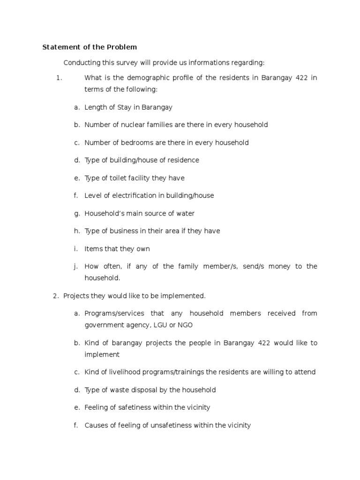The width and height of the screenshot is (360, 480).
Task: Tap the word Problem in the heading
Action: coord(122,47)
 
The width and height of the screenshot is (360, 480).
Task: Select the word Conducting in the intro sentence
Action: coord(81,63)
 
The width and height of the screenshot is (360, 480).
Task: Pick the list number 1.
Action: coord(59,78)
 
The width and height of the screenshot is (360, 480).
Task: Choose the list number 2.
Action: coord(55,296)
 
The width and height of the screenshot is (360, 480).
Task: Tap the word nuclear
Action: coord(133,125)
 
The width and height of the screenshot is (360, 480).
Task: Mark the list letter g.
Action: coord(75,214)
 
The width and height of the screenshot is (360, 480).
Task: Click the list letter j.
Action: coord(75,267)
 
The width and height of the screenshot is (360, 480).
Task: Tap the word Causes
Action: coord(97,425)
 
